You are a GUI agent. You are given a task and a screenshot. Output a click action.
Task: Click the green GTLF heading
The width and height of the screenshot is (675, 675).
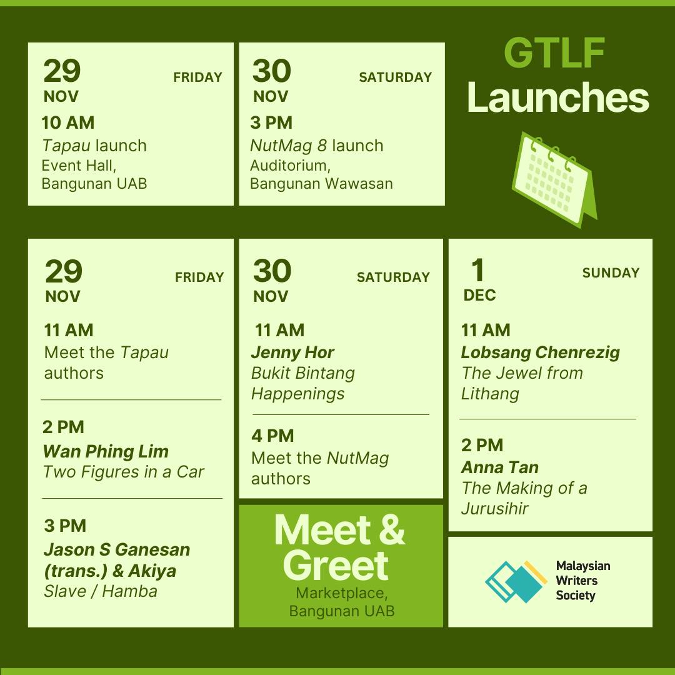tap(554, 52)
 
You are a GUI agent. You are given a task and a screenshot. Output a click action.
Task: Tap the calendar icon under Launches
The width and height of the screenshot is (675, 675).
tap(554, 179)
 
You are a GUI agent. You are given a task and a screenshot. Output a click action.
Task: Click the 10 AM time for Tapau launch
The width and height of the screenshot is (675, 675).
tap(68, 122)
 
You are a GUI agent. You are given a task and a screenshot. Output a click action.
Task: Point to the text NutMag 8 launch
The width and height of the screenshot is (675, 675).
tap(316, 146)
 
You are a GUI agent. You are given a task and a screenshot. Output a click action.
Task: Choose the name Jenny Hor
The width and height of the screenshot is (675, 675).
tap(292, 352)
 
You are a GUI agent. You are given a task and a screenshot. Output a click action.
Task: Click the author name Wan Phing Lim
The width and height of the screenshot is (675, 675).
tap(106, 451)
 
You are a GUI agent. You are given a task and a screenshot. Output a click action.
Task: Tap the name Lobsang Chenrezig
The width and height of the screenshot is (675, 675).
tap(540, 352)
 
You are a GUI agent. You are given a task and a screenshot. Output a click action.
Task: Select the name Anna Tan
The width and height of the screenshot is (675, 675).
tap(500, 467)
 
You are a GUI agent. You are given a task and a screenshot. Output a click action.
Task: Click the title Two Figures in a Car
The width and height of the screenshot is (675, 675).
tap(124, 472)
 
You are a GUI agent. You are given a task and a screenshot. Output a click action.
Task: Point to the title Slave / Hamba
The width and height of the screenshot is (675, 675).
tap(100, 591)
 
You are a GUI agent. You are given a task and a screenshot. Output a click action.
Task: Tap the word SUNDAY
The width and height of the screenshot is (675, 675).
tap(611, 273)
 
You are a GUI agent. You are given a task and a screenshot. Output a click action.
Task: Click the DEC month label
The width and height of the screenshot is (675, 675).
tap(479, 295)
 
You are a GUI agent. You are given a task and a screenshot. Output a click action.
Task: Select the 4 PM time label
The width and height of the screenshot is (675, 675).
tap(272, 436)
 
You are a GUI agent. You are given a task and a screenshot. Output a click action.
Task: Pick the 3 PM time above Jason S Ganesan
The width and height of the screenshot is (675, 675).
tap(65, 526)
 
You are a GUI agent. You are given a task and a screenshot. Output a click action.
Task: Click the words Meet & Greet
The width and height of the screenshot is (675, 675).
tap(339, 547)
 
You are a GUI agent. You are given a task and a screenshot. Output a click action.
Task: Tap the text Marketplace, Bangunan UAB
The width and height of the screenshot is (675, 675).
tap(342, 602)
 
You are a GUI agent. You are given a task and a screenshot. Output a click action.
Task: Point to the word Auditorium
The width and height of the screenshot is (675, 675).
tap(290, 166)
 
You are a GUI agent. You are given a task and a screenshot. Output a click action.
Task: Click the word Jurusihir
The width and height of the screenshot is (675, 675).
tap(494, 508)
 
